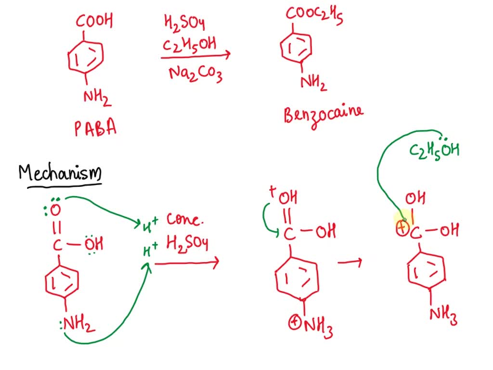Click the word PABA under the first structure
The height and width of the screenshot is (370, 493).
(x=95, y=129)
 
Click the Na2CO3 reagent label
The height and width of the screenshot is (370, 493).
(x=195, y=74)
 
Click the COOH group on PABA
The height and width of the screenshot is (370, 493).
(x=94, y=21)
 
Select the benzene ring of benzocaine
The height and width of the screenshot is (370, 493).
(x=296, y=47)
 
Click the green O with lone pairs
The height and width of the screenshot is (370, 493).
(x=55, y=209)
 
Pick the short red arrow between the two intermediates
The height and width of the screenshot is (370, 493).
(x=350, y=263)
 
